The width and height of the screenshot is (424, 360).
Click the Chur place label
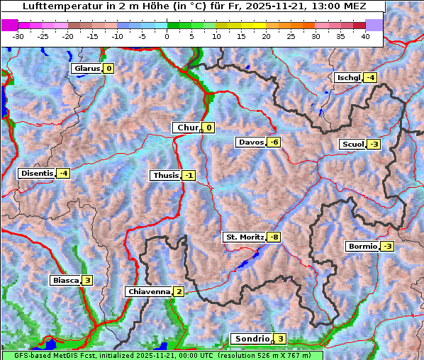[188, 128]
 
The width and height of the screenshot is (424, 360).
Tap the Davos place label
[251, 142]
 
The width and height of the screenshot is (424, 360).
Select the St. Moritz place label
[244, 237]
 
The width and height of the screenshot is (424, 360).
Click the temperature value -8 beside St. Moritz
[274, 237]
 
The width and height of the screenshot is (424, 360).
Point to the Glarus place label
[87, 69]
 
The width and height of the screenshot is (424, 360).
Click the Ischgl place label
[348, 78]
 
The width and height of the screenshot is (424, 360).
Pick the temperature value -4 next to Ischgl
[370, 78]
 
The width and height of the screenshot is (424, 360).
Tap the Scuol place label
[352, 145]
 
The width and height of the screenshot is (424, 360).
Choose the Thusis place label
[165, 176]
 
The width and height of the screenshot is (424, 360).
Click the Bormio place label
[362, 247]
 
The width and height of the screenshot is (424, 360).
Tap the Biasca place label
[65, 281]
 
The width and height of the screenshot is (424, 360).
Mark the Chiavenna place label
[149, 291]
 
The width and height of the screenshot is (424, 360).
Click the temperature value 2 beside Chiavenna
[179, 291]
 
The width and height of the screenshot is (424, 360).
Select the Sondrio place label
[252, 339]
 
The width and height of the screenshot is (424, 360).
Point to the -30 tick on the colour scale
[18, 35]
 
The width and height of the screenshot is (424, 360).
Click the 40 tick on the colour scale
[365, 35]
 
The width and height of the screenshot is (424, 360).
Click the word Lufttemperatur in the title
[57, 6]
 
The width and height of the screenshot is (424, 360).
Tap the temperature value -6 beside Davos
[274, 142]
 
